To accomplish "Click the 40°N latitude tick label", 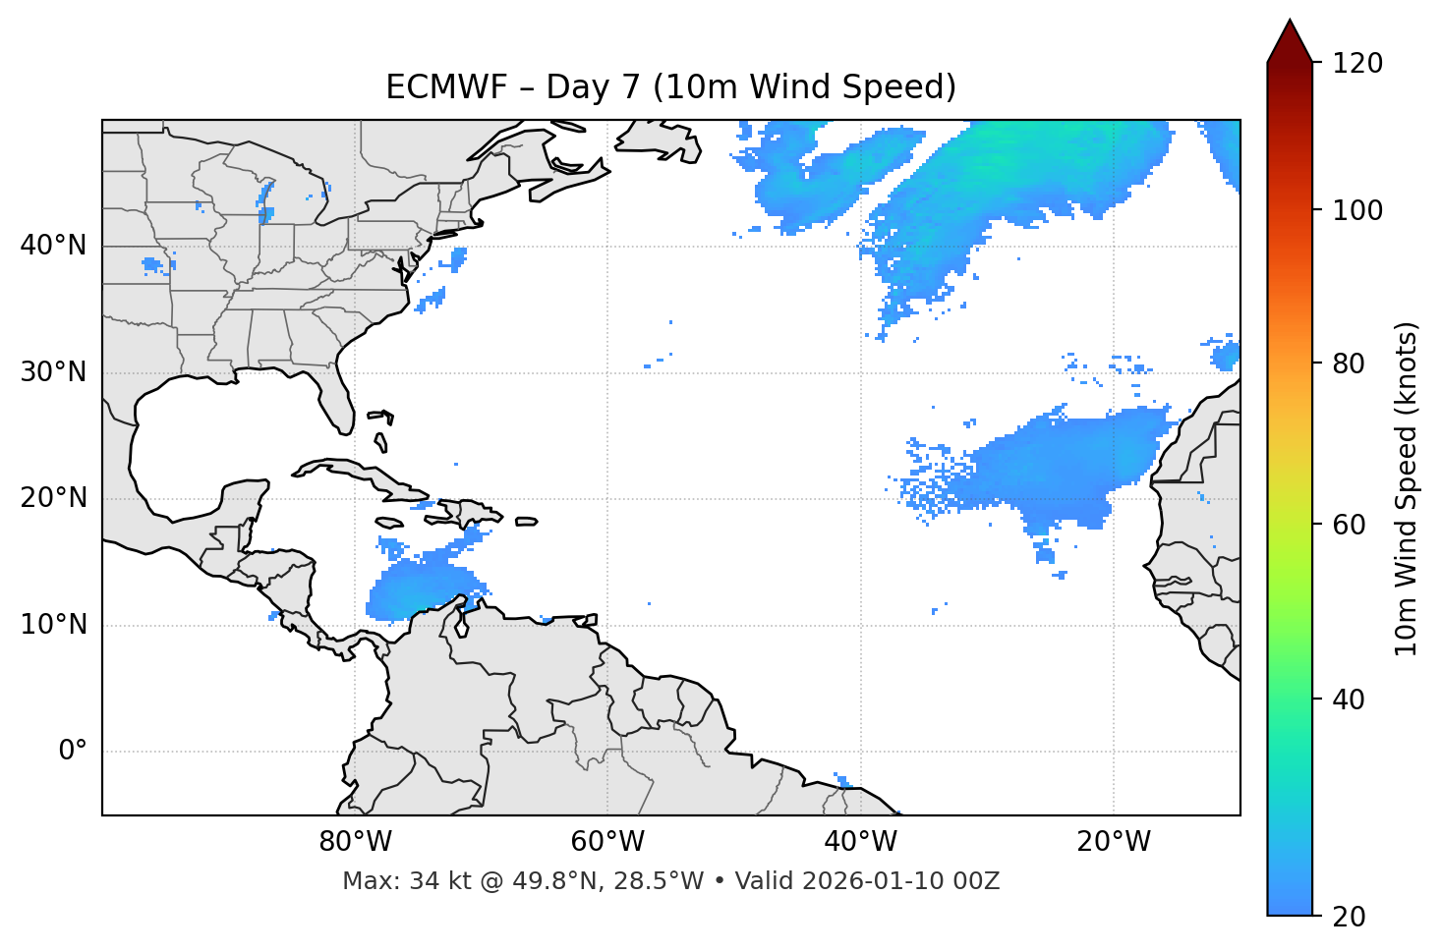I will tap(53, 246).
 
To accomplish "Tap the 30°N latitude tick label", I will tap(53, 372).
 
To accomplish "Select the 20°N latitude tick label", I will tap(53, 498).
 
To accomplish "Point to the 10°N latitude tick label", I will tap(53, 625).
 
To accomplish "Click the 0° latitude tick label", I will tap(73, 752).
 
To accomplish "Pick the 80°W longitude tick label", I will tap(355, 842).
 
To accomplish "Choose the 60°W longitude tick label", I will tap(607, 842).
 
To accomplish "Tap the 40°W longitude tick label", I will tap(860, 842).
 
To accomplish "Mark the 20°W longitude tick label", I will tap(1113, 842).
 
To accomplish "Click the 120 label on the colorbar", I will tap(1357, 64).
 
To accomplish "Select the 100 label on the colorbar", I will tap(1357, 210).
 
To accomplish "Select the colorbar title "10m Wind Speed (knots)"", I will tap(1407, 489).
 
